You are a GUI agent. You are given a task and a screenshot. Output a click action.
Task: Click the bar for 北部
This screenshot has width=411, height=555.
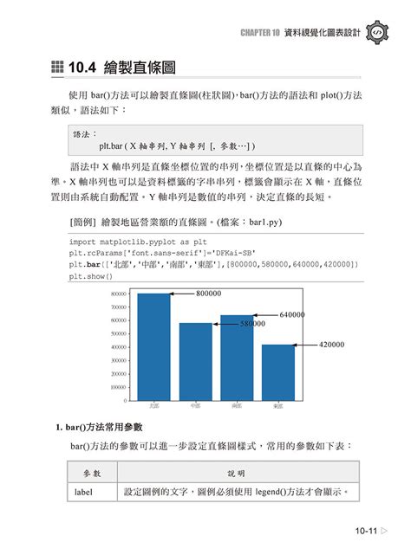coord(154,346)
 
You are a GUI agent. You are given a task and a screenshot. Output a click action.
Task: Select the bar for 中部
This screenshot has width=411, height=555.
coord(195,361)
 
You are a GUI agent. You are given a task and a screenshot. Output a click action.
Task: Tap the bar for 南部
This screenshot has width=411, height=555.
coord(237,357)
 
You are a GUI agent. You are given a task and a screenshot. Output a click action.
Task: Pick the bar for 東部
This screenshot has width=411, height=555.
coord(278,371)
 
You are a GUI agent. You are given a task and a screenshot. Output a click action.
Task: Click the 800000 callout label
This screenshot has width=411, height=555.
coord(208,294)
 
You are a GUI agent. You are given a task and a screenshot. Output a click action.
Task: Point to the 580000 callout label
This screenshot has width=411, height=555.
coord(252,323)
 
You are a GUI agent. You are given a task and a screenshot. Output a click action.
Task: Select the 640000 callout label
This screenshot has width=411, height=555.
coord(292,315)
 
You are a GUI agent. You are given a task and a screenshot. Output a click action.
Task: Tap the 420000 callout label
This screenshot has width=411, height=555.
coord(331,345)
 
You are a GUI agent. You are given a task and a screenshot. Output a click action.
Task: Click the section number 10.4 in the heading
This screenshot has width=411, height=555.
coord(89,68)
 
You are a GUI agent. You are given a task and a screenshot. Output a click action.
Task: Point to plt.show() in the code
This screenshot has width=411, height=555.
coord(90,275)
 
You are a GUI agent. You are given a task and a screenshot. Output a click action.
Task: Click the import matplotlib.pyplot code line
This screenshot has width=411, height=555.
coord(126,242)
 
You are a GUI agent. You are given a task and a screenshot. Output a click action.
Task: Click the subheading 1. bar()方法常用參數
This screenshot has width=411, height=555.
coord(105,428)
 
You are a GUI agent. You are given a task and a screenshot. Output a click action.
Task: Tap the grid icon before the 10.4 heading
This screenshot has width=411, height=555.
coord(57,68)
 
